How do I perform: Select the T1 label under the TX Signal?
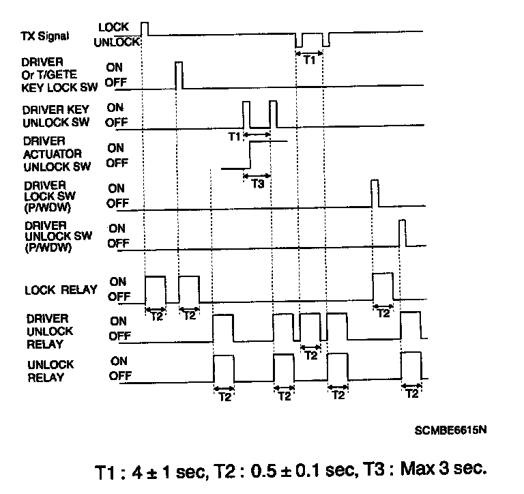tap(310, 59)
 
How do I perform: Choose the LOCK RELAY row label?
tap(61, 290)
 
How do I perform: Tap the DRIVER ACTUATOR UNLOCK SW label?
tap(51, 155)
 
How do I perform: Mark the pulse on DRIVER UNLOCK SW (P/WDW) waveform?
tap(403, 233)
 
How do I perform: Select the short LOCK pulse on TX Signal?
tap(145, 27)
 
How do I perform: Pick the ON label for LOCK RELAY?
tap(118, 281)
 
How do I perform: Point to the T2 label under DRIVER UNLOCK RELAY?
tap(310, 355)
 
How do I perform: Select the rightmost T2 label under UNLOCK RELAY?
tap(411, 394)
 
